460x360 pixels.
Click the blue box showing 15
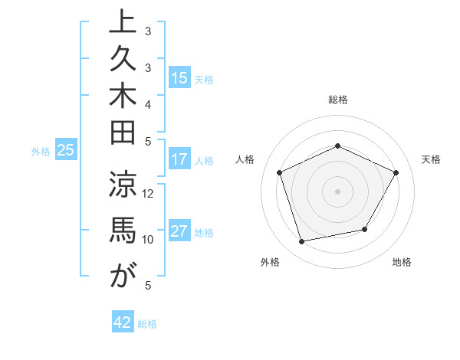(179, 78)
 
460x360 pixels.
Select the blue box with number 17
(179, 160)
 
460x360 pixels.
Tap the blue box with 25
(66, 150)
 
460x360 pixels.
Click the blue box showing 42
(123, 322)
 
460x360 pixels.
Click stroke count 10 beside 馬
(149, 239)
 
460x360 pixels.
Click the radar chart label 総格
(337, 100)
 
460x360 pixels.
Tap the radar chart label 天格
(431, 159)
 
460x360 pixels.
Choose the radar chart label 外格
(270, 262)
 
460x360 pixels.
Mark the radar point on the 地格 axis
(365, 229)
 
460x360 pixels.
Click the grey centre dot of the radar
(337, 191)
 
